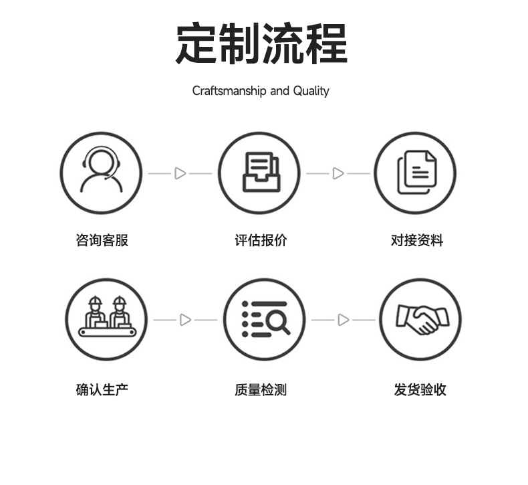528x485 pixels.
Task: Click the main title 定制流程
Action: (x=261, y=44)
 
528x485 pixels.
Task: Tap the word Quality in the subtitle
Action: (x=311, y=90)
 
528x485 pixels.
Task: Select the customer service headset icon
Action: (x=102, y=173)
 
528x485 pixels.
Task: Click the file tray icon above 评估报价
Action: (x=261, y=173)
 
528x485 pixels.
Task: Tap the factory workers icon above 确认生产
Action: (x=106, y=319)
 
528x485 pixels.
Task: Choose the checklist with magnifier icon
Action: (x=265, y=319)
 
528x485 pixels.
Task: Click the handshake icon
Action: (x=420, y=319)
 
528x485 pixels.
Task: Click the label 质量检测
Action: (x=261, y=389)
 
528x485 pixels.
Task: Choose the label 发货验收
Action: (x=420, y=389)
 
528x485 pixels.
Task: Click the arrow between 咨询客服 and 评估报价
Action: (x=180, y=173)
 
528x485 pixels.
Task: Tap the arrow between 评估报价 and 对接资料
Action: (x=338, y=173)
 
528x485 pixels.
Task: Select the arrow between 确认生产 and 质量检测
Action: (x=185, y=320)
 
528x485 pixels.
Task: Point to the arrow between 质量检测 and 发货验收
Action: (x=343, y=320)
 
